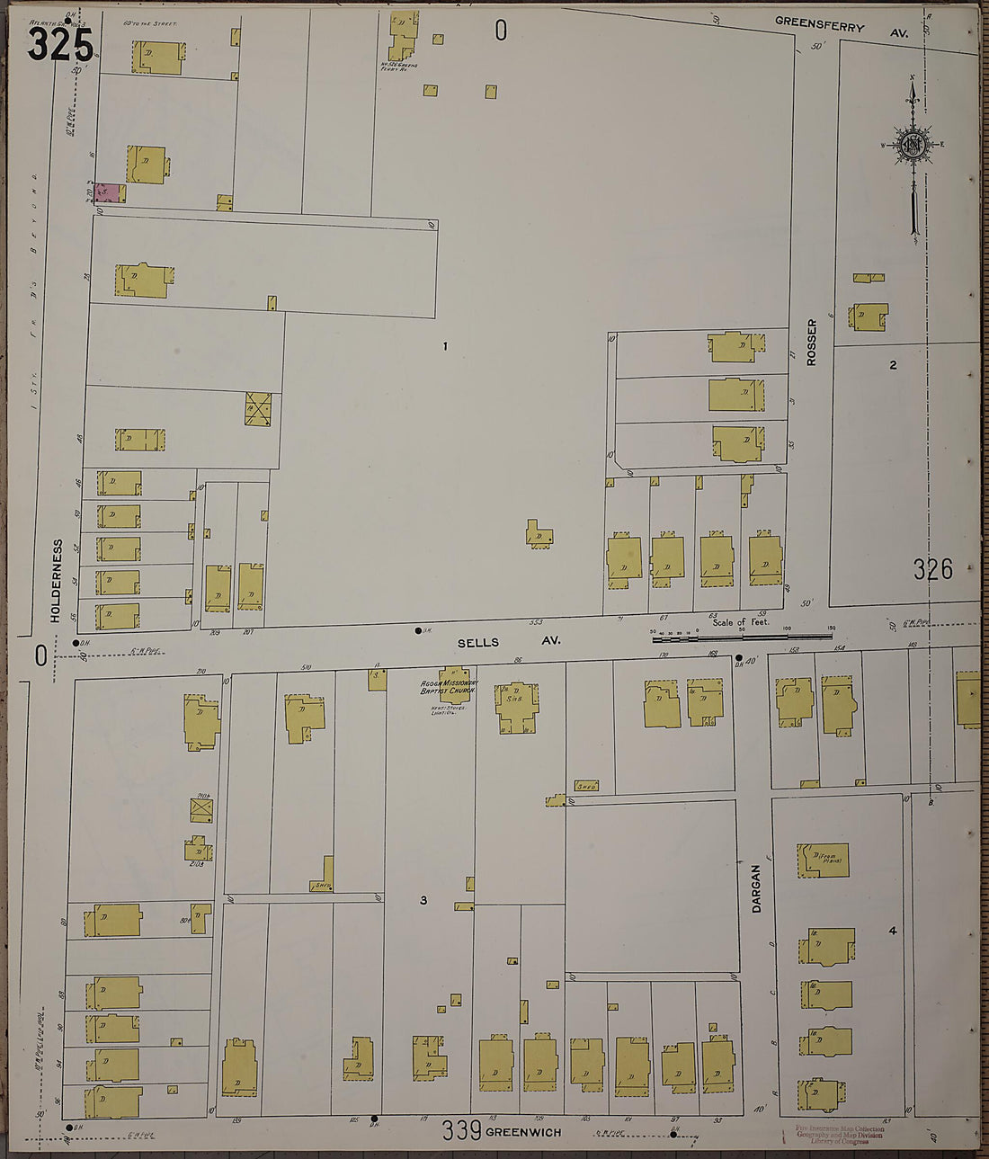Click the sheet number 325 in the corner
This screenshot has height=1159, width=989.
pos(59,44)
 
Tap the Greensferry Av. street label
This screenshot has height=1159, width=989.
pos(842,27)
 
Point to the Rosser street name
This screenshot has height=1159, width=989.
pos(812,342)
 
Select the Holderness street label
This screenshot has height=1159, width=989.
pos(57,580)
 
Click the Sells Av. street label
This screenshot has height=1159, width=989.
pos(508,642)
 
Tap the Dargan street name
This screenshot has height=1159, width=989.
pos(756,888)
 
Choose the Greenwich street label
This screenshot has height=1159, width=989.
pos(523,1132)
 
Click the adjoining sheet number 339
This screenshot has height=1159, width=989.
pos(461,1130)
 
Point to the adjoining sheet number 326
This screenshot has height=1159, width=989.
pos(932,569)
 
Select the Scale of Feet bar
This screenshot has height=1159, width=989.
pos(741,636)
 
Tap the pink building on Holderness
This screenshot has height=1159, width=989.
pos(106,192)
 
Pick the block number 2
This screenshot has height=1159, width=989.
pos(893,365)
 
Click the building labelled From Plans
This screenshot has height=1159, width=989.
pos(824,860)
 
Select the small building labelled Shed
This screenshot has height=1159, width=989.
pos(586,786)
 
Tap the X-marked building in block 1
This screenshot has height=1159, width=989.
pos(258,409)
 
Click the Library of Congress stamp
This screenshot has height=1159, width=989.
pos(840,1135)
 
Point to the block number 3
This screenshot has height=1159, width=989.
pos(423,900)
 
